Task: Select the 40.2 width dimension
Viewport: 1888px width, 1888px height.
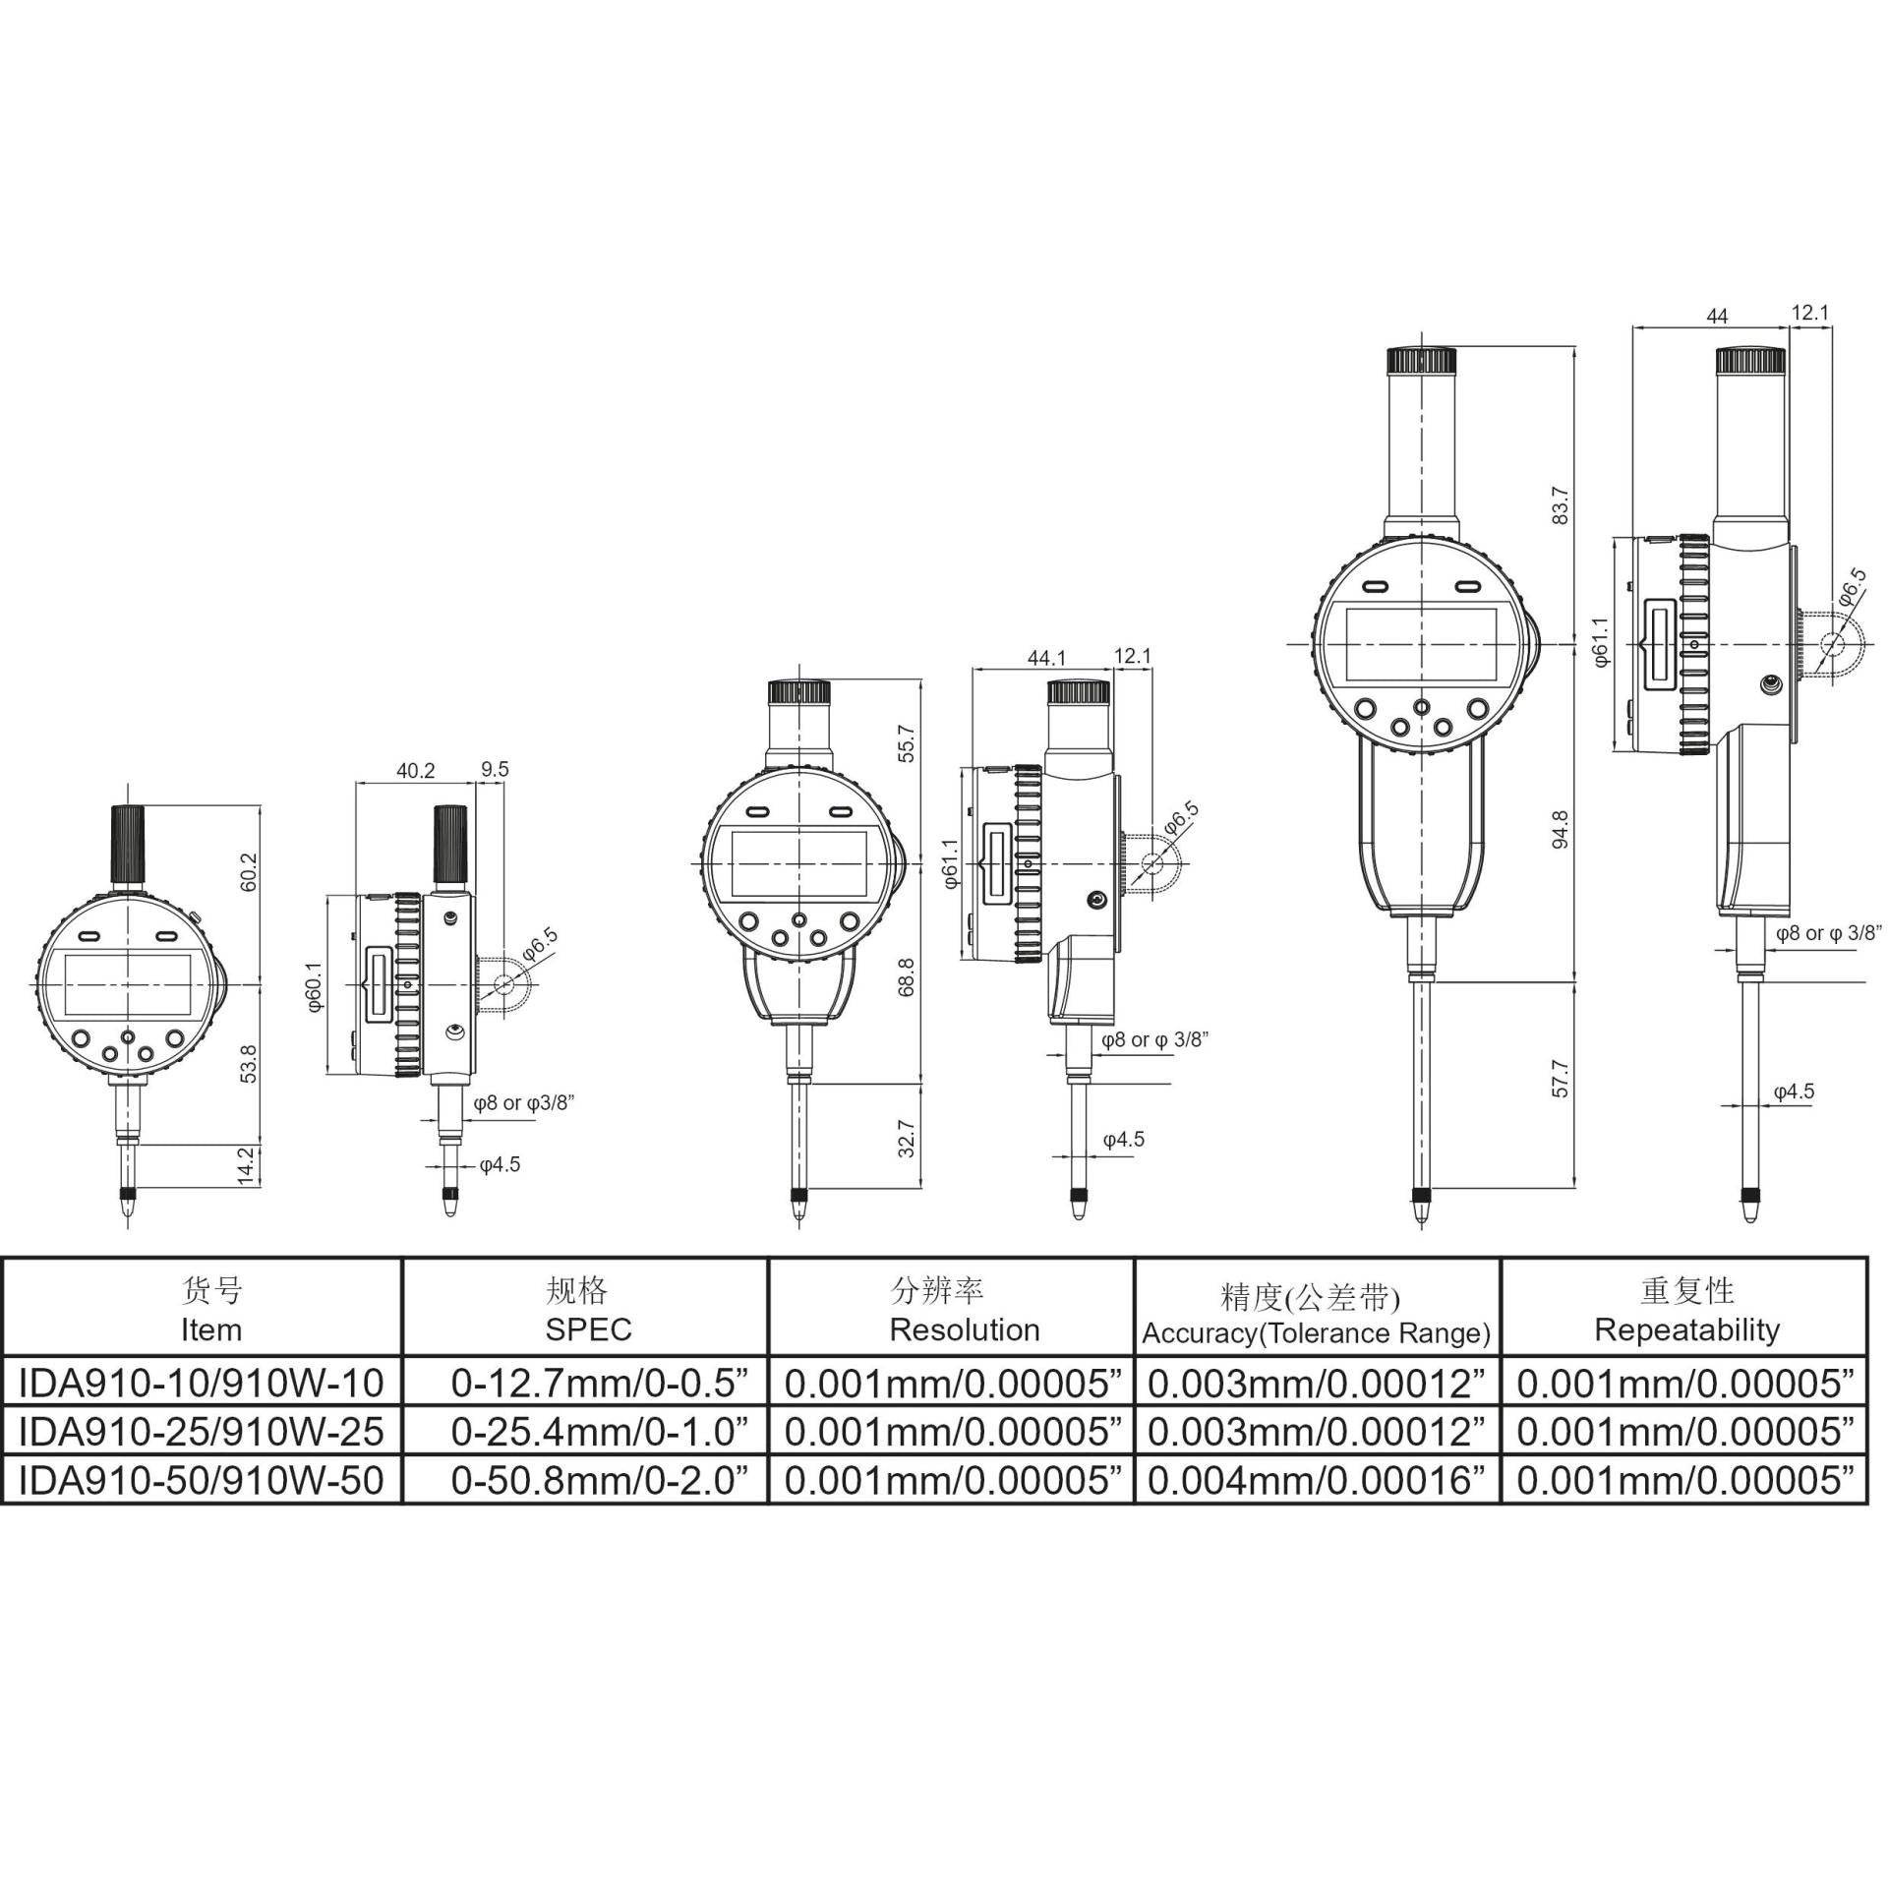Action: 415,771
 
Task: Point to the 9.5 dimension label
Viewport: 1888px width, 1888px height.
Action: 496,769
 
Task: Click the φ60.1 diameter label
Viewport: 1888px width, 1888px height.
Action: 314,986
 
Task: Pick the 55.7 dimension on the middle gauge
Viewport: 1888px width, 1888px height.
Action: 907,743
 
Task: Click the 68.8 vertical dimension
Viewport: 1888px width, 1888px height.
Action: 907,976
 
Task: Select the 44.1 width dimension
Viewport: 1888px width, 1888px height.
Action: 1046,658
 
